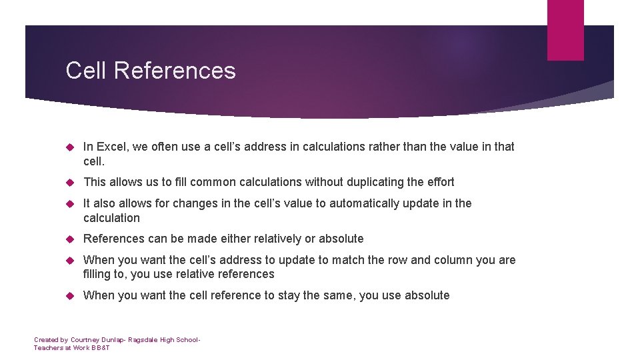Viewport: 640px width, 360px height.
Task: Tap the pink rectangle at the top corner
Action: pos(565,30)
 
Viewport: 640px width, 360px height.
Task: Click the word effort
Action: pos(439,182)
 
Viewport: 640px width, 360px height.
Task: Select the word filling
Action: pos(99,274)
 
